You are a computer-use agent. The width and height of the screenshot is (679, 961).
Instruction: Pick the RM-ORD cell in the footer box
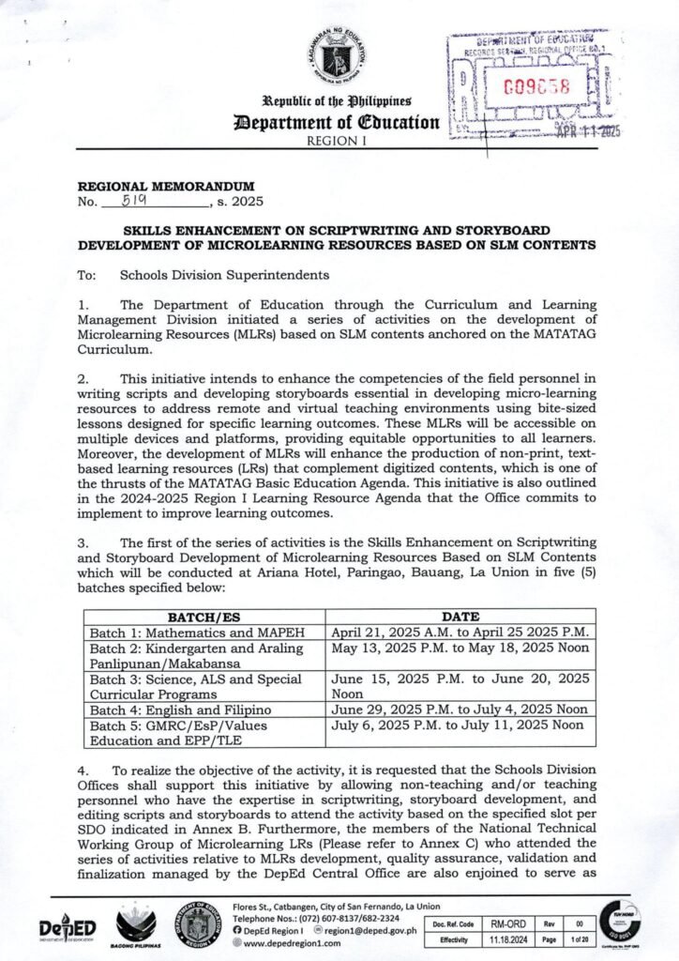[507, 924]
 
